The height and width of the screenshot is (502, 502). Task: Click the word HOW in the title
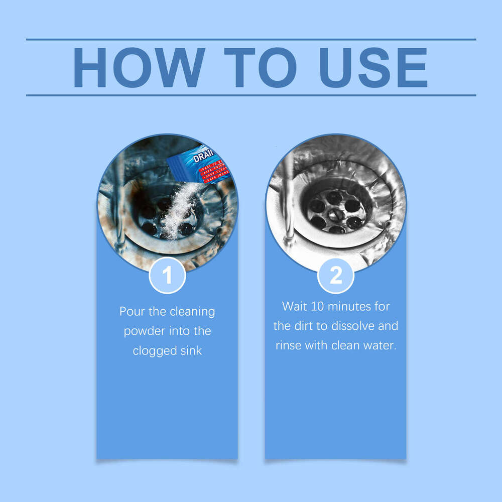tap(138, 68)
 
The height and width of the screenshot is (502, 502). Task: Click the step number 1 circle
tap(167, 275)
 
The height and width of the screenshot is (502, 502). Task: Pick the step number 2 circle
tap(335, 275)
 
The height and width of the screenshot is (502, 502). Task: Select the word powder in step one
tap(144, 331)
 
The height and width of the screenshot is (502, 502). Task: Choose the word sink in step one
tap(191, 351)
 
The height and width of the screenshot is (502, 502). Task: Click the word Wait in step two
tap(294, 306)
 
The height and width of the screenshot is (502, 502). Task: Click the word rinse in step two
tap(288, 346)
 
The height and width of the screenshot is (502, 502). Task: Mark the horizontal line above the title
tap(251, 39)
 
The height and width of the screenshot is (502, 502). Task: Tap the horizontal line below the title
tap(251, 95)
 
